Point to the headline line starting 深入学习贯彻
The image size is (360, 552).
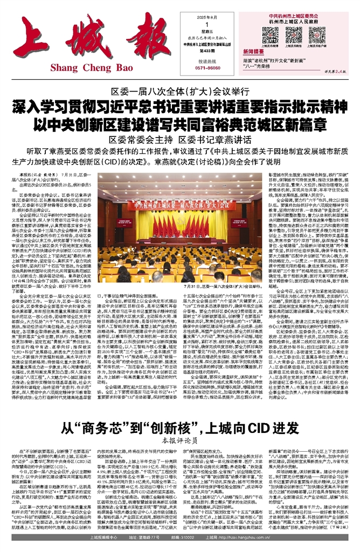[180, 106]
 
